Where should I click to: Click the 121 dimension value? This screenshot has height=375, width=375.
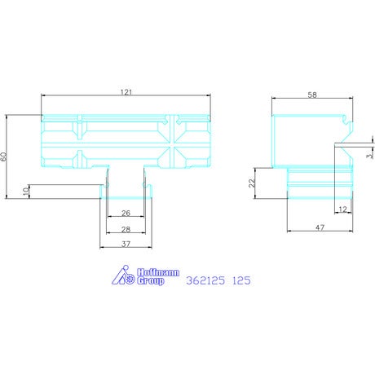[x=126, y=92]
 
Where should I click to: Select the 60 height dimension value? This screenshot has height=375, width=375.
[x=3, y=157]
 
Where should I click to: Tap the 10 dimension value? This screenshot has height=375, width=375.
[x=26, y=192]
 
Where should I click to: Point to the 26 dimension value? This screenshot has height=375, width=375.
[x=126, y=213]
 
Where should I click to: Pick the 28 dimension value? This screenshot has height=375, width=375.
[x=126, y=230]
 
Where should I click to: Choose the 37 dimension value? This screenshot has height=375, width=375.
[x=126, y=245]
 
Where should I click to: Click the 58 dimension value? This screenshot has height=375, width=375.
[x=312, y=95]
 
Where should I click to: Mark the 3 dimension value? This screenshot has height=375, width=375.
[x=369, y=156]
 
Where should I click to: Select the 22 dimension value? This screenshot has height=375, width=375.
[x=252, y=183]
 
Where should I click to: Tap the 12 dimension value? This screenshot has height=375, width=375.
[x=343, y=210]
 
